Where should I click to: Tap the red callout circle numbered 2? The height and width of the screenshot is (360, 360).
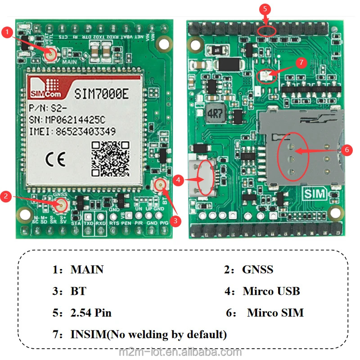[x=6, y=196]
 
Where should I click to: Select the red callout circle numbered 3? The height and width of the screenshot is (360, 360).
[x=176, y=220]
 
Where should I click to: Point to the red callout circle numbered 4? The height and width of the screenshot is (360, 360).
[x=178, y=180]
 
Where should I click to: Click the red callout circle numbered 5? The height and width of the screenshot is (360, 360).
[x=265, y=9]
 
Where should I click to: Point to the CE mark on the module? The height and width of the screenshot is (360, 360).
[x=56, y=159]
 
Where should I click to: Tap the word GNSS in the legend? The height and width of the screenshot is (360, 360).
[x=257, y=270]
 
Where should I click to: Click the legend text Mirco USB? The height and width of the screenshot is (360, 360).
[x=271, y=291]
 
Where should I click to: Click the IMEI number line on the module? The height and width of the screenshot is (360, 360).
[x=72, y=132]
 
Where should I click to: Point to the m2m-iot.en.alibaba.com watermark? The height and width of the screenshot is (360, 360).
[x=180, y=352]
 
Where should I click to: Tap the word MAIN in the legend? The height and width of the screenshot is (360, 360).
[x=87, y=270]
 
